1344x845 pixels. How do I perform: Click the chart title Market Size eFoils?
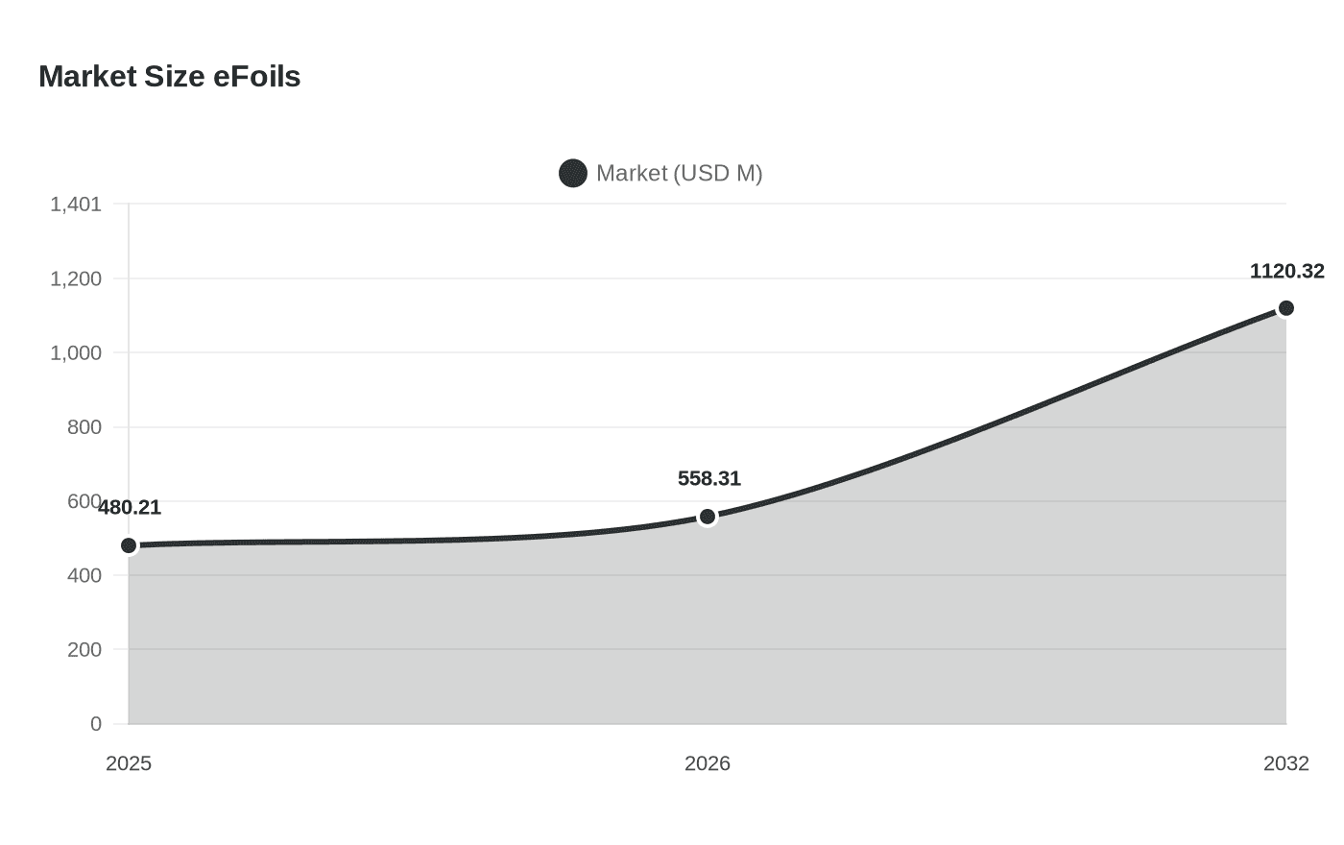[169, 77]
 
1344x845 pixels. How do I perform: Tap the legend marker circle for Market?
[573, 174]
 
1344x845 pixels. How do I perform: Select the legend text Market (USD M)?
[679, 174]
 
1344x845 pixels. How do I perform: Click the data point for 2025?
[129, 545]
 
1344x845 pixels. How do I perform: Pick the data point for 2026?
[708, 517]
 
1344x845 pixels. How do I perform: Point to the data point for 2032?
[1285, 308]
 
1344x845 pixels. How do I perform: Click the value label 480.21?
[130, 508]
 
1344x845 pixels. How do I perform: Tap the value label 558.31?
[708, 479]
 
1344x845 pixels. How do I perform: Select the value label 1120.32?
[1286, 272]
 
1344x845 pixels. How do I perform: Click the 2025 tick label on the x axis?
[129, 763]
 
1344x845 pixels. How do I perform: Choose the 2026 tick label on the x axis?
[708, 763]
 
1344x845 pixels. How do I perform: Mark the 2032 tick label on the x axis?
[1285, 763]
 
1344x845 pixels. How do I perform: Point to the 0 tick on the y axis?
[96, 724]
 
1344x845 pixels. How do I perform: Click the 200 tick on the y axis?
[84, 650]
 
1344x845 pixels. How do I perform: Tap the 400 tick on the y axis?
[84, 576]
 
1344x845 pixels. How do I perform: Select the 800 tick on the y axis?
[84, 427]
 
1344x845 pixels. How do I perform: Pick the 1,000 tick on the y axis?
[76, 353]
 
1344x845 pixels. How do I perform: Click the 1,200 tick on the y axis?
[76, 279]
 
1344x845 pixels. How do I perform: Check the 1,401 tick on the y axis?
[76, 205]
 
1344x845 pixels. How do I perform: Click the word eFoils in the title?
[256, 77]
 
